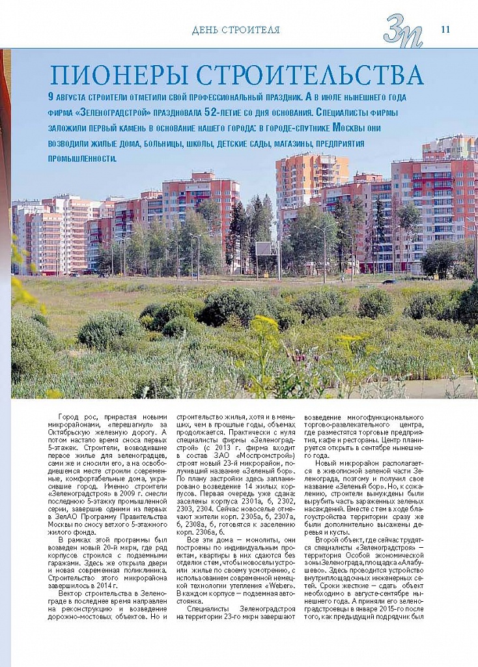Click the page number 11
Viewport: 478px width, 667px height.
click(445, 29)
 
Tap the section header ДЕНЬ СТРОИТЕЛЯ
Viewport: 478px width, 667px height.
click(236, 30)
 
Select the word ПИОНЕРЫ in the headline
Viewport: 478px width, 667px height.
click(117, 76)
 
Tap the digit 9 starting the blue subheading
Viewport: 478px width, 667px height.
click(51, 96)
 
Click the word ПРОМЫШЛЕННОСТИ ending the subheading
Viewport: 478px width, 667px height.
click(82, 158)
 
